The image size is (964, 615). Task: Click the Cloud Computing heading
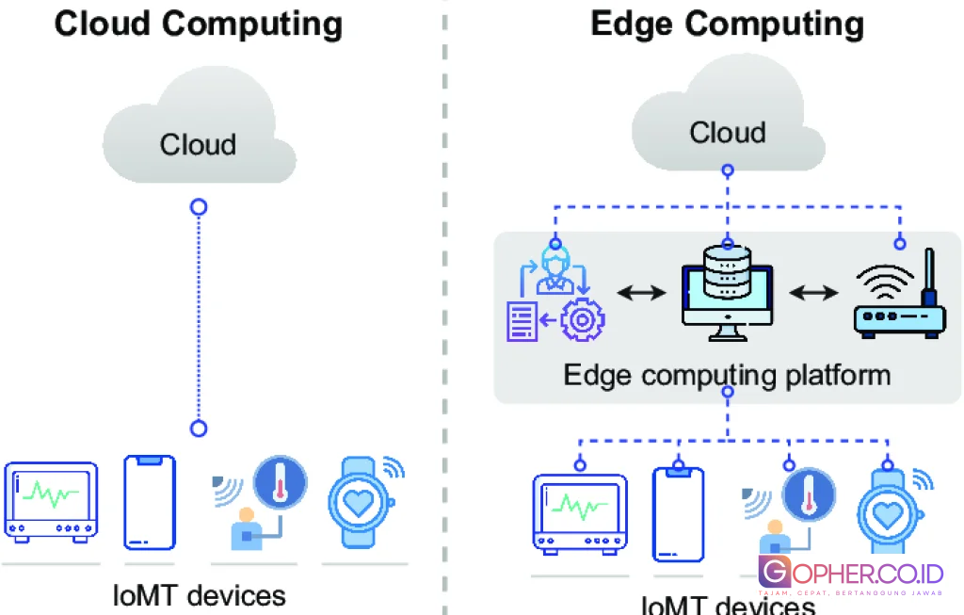point(199,23)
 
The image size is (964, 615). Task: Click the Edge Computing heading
point(727,23)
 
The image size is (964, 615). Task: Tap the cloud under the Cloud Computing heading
point(198,137)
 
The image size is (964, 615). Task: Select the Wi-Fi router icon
point(899,296)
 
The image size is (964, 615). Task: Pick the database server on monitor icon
point(727,292)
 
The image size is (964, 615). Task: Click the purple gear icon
point(582,320)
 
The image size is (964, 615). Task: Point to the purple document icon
point(523,320)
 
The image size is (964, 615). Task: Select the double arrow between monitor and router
point(812,294)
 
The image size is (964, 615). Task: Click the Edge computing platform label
point(727,375)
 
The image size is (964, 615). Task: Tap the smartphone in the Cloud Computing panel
point(151,503)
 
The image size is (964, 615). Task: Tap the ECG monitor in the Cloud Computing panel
point(51,501)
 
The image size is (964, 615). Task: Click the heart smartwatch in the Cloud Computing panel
point(359,502)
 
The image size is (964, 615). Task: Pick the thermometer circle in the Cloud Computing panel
point(281,481)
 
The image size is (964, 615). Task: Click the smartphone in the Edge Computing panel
point(679,513)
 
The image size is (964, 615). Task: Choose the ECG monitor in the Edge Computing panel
point(580,512)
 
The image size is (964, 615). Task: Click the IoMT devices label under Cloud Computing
point(199,594)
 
